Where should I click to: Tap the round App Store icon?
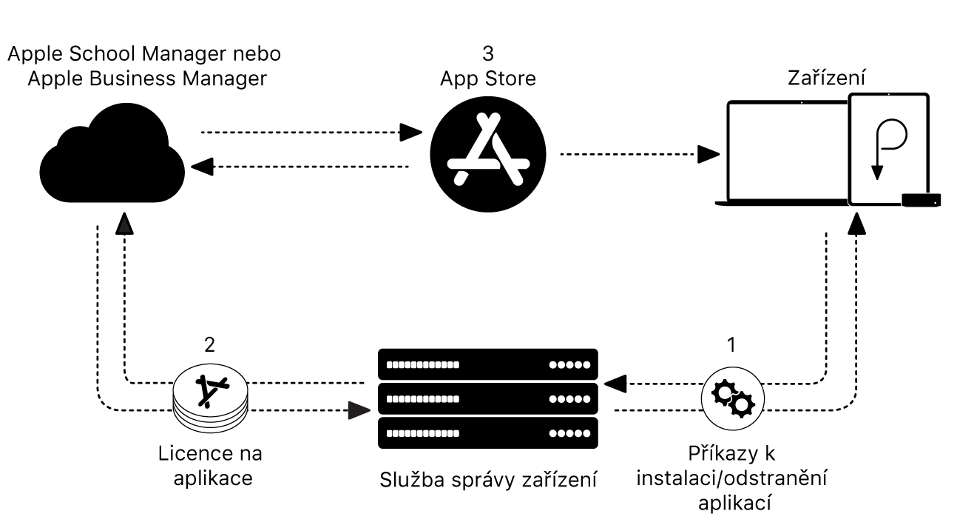tap(487, 154)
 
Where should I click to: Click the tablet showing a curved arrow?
tap(887, 149)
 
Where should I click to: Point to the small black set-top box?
tap(920, 198)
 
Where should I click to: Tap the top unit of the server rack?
tap(487, 365)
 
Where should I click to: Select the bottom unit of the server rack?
tap(487, 432)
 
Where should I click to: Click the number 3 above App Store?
tap(487, 54)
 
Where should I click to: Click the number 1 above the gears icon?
tap(731, 346)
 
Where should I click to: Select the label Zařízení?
tap(828, 77)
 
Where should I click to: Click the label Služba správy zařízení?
tap(487, 479)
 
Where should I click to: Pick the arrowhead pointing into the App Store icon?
tap(410, 133)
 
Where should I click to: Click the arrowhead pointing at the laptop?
tap(708, 155)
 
